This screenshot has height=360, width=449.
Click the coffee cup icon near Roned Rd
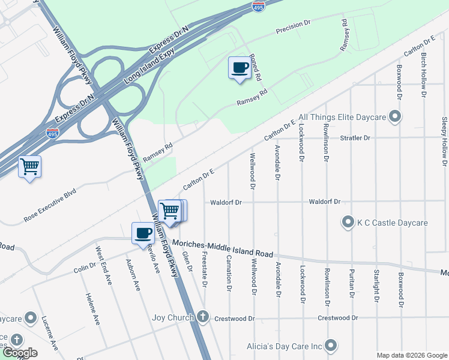[240, 67]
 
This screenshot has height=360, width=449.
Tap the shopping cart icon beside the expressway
[29, 167]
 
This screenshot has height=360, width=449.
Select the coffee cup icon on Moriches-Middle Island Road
[143, 233]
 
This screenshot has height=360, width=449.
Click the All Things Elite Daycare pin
[394, 117]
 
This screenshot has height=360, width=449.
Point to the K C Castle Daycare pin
[348, 223]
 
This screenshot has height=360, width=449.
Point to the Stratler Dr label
[355, 137]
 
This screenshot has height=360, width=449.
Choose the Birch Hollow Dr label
[423, 74]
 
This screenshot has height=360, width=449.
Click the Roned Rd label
[255, 67]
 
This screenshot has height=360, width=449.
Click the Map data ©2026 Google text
[412, 355]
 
